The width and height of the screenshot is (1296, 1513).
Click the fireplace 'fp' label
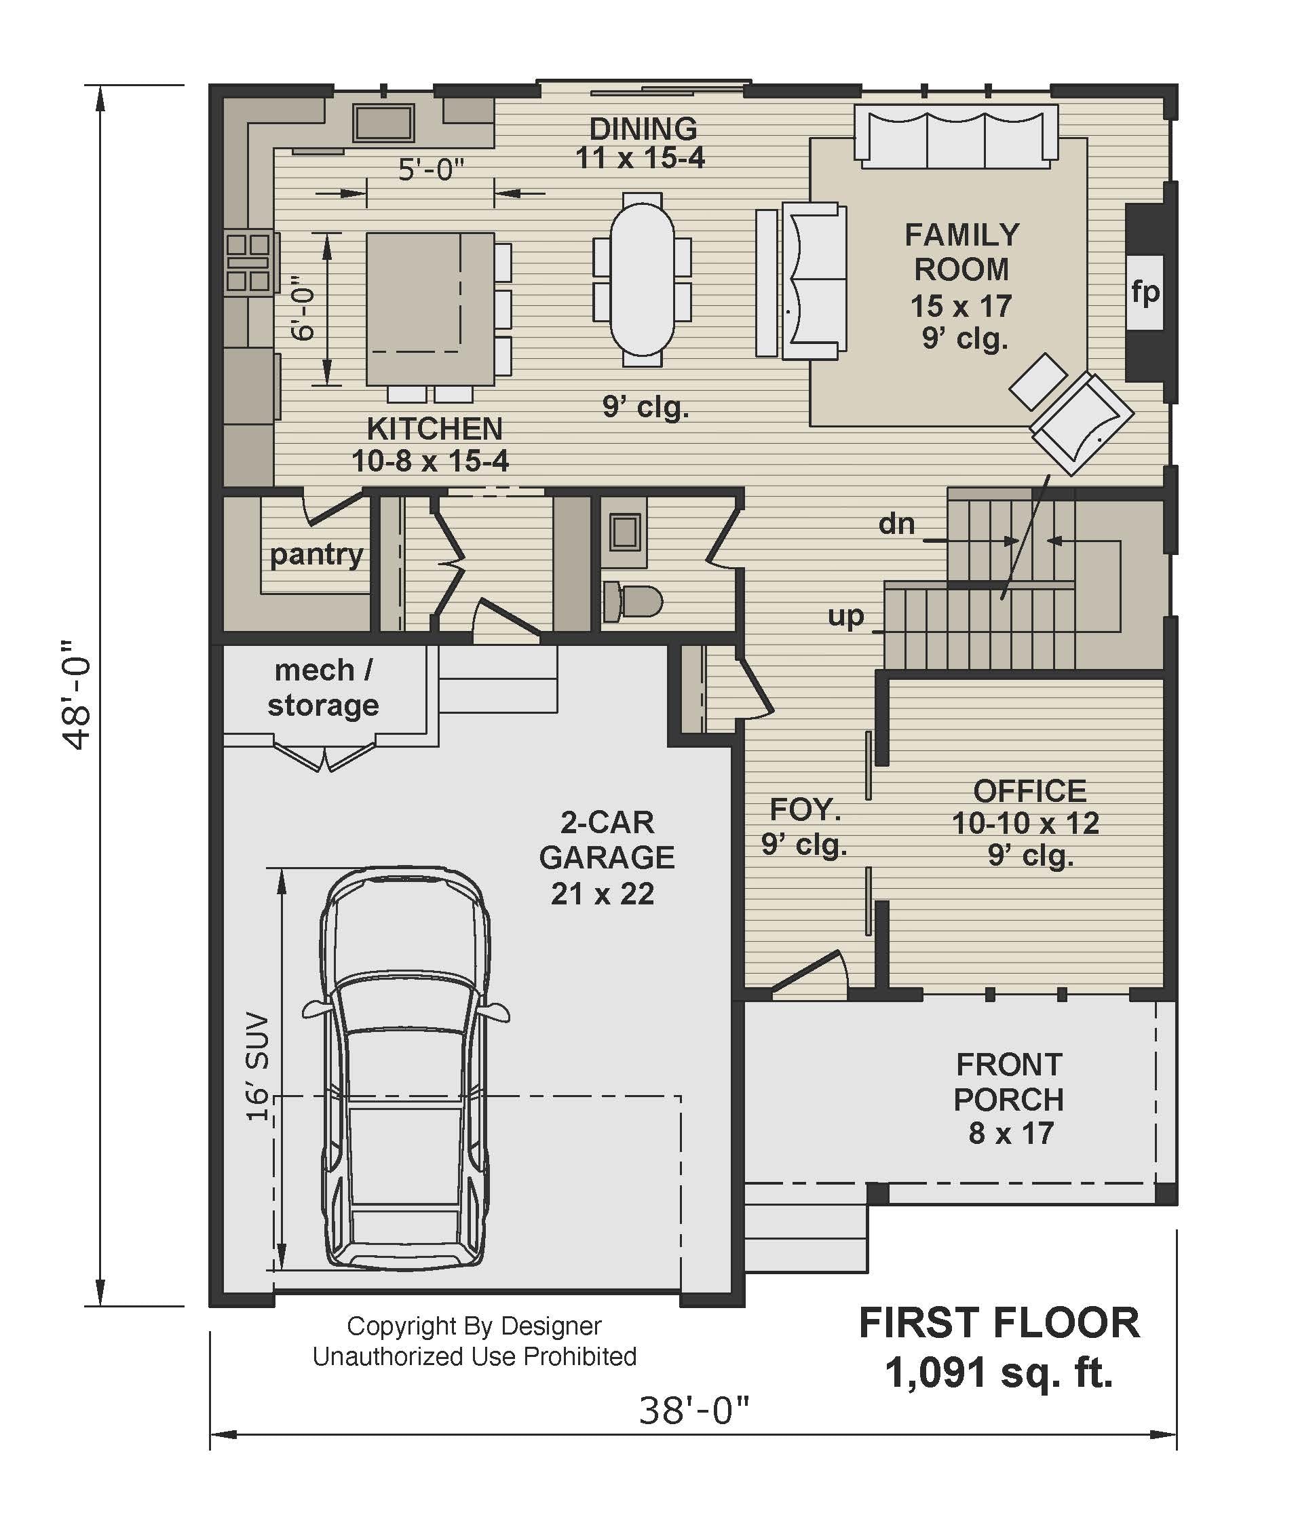pos(1145,292)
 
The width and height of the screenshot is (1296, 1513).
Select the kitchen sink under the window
pos(384,122)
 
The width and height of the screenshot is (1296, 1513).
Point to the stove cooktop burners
pos(247,261)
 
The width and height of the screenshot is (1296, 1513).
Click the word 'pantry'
pos(316,555)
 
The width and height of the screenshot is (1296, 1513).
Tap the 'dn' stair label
pos(896,524)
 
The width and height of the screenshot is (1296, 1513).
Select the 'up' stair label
pos(845,615)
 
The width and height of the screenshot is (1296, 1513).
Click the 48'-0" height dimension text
pos(76,696)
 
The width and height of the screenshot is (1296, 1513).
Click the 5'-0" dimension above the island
pos(431,170)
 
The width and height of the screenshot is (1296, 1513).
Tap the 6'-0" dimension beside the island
pos(302,308)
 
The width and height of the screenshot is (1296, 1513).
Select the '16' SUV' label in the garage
pos(257,1066)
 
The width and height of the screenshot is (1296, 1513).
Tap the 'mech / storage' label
pos(323,688)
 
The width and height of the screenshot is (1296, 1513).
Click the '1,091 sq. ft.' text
pos(999,1372)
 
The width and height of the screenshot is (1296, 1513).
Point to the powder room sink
pos(624,532)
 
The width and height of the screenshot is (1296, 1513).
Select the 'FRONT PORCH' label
pos(1009,1081)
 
